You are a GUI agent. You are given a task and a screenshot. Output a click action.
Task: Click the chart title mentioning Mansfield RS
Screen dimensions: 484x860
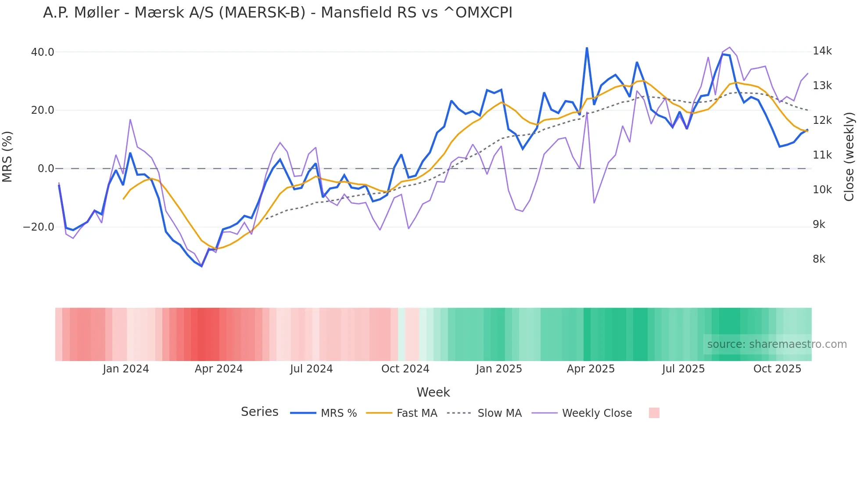point(277,13)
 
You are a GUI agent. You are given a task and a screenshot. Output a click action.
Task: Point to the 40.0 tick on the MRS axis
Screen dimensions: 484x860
point(42,52)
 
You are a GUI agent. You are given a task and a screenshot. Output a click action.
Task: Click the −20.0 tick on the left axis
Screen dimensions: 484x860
point(39,227)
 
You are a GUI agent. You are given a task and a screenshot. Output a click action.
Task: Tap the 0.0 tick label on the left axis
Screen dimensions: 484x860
point(46,169)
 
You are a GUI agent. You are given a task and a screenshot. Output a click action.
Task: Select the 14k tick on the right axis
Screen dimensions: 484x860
point(822,51)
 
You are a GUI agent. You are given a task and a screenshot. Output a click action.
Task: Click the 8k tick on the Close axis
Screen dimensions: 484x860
point(819,259)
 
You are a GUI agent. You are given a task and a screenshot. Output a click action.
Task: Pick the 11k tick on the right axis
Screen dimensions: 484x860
point(822,155)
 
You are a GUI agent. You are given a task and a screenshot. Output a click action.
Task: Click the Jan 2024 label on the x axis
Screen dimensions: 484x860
point(126,369)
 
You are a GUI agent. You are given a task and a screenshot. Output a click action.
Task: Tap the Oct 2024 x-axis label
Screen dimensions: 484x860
point(405,369)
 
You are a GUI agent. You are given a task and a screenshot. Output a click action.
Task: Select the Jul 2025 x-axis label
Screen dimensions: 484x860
point(683,369)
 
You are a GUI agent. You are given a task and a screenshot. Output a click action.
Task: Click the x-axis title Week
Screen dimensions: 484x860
point(433,392)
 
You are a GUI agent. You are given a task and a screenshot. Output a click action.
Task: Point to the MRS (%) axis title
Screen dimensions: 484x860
point(7,156)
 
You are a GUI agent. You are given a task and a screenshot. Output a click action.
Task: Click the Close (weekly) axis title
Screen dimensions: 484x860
point(849,156)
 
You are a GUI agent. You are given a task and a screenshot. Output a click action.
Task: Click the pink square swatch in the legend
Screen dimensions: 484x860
point(654,413)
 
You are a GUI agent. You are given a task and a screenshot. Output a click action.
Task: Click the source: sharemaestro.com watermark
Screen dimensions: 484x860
point(777,344)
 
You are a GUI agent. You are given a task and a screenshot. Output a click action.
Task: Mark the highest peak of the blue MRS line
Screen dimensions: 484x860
point(587,48)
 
